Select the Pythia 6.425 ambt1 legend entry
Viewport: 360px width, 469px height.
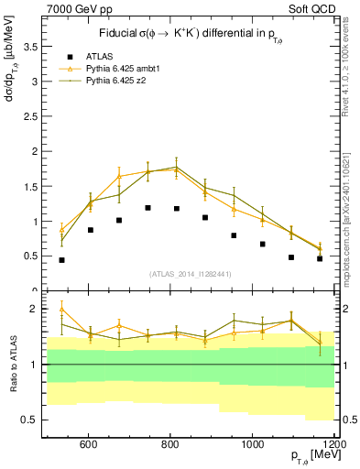118,69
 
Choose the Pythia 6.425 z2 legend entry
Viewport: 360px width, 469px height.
113,81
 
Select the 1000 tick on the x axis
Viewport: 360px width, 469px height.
253,445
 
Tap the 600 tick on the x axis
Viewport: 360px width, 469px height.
89,445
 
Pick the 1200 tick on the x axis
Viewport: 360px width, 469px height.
332,445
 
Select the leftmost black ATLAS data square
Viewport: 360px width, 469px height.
61,260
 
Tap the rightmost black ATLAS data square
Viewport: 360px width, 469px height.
320,258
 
